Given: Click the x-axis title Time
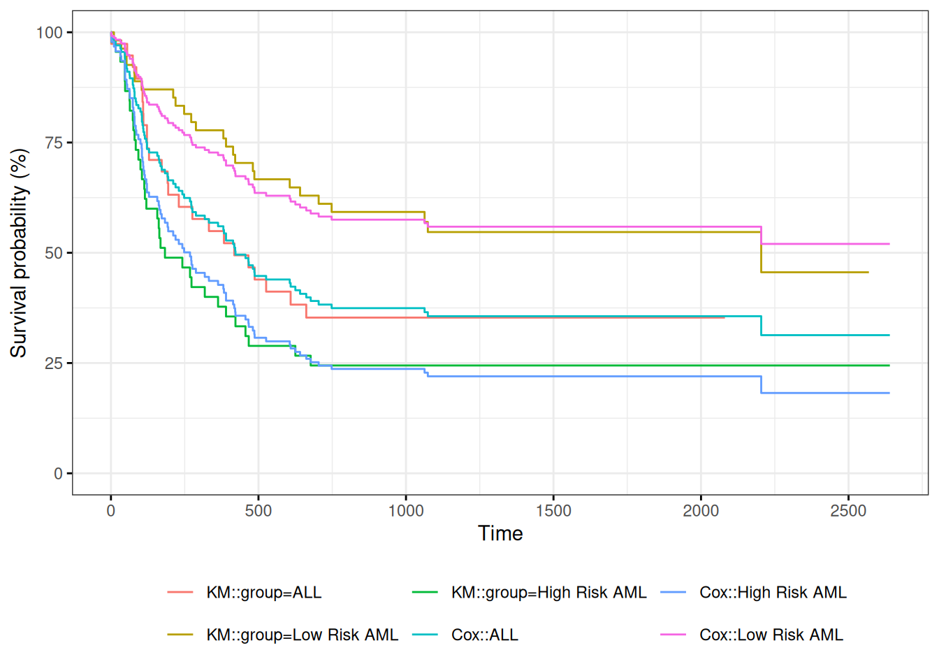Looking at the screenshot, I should [x=500, y=533].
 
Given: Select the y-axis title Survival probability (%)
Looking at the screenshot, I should [x=19, y=253].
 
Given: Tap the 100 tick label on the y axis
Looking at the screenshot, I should [x=50, y=33].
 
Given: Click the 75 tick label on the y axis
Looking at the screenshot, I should [x=54, y=143].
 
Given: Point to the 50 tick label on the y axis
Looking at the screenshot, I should [x=54, y=253].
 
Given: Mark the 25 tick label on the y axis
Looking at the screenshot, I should [x=54, y=363].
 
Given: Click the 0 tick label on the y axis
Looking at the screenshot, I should [x=59, y=474].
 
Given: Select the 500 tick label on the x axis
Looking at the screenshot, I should [x=259, y=511].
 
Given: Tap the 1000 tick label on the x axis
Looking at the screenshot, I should [x=406, y=511].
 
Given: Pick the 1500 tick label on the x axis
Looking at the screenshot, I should [x=553, y=511].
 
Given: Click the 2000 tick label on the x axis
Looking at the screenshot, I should [x=701, y=511].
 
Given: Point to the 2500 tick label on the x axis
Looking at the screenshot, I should [x=848, y=511].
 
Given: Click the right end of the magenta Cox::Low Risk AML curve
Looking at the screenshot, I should [x=889, y=244].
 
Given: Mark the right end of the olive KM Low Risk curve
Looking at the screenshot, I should [x=868, y=273].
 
